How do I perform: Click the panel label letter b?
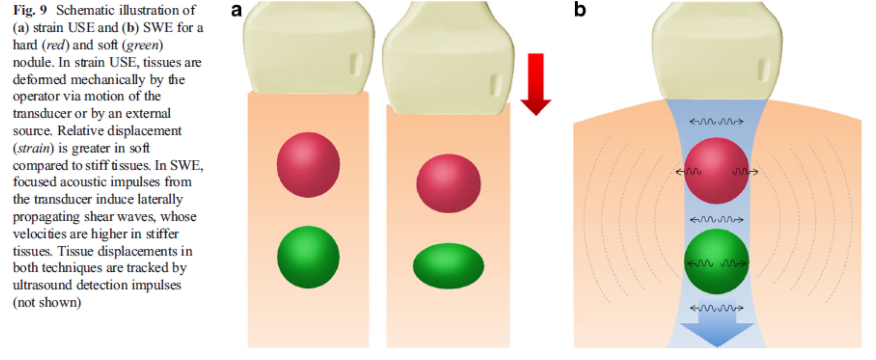(x=580, y=9)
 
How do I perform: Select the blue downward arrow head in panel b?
(x=717, y=335)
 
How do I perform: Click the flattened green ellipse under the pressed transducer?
(x=449, y=266)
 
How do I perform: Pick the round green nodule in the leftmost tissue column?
(x=308, y=257)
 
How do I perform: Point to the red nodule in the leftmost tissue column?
(x=308, y=165)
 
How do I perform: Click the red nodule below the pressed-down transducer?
(x=449, y=183)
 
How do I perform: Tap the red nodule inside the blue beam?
(x=716, y=171)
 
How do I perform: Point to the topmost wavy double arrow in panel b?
(x=716, y=121)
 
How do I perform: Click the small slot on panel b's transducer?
(x=764, y=70)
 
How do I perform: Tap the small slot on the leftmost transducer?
(x=356, y=64)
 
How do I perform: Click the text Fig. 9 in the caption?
(x=30, y=10)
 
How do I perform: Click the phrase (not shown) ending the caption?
(x=47, y=303)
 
